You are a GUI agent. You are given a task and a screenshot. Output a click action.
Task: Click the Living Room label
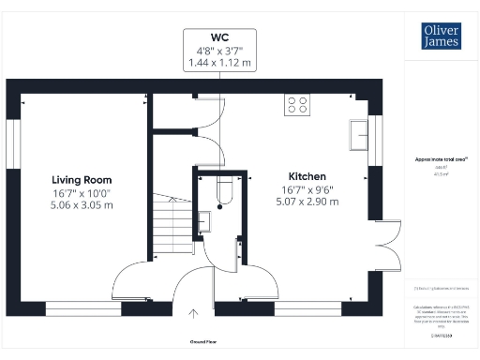pyautogui.click(x=82, y=179)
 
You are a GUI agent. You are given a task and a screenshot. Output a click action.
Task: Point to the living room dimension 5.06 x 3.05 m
pyautogui.click(x=82, y=205)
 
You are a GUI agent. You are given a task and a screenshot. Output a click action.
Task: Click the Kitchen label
pyautogui.click(x=307, y=176)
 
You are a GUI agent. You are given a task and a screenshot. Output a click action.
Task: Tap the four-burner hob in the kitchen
pyautogui.click(x=297, y=105)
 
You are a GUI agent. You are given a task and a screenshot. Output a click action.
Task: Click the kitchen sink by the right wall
pyautogui.click(x=359, y=135)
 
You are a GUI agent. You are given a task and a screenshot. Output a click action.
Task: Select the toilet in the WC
pyautogui.click(x=221, y=193)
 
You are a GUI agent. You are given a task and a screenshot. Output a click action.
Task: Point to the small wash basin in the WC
pyautogui.click(x=205, y=220)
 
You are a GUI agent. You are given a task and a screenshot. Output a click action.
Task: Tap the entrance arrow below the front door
pyautogui.click(x=194, y=315)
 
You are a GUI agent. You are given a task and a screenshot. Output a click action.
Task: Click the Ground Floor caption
pyautogui.click(x=204, y=342)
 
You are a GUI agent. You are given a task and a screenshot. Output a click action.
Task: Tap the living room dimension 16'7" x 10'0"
pyautogui.click(x=82, y=192)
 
